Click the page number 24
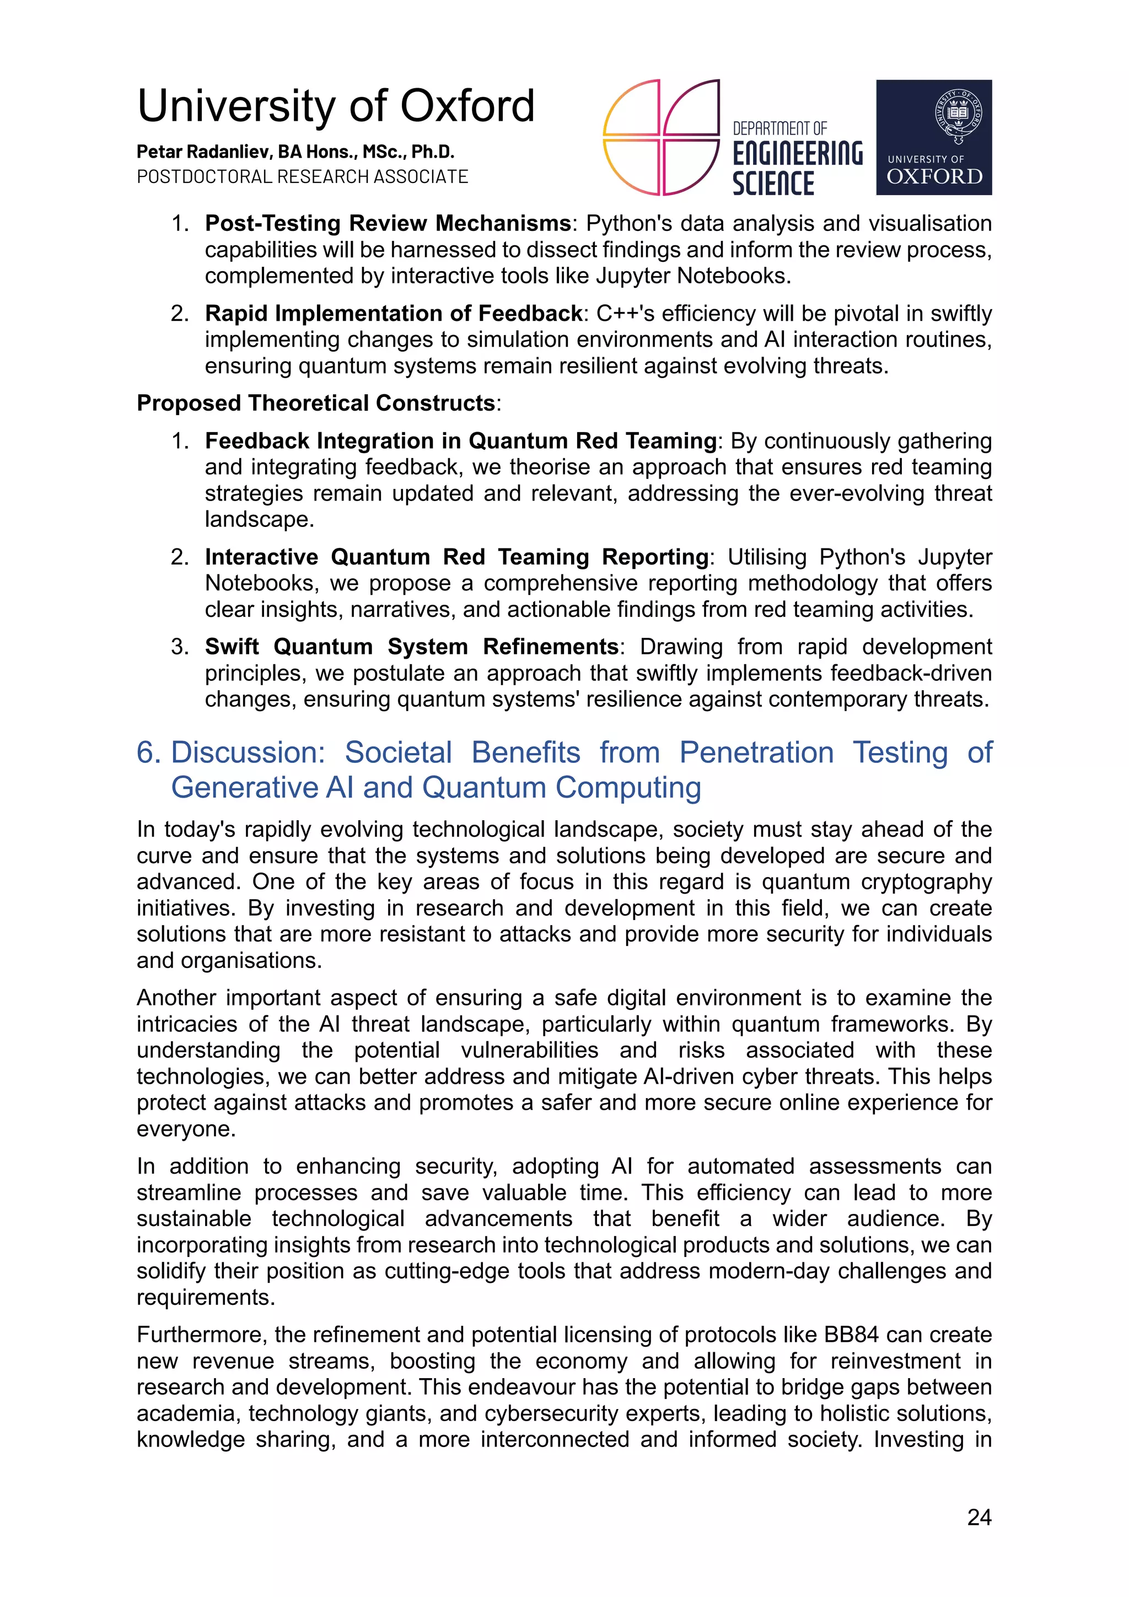pos(979,1517)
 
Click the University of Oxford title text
pos(335,106)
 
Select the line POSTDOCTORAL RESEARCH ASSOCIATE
pos(302,176)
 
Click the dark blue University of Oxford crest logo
pos(933,137)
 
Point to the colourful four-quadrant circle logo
pos(660,137)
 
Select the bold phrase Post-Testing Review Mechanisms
pos(388,223)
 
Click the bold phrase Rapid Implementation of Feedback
pos(393,314)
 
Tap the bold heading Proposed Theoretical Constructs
pos(316,404)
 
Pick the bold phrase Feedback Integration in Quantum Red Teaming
pos(460,441)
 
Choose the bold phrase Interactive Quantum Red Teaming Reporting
pos(456,557)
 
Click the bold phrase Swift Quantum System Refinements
pos(411,647)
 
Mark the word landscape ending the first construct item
pos(257,520)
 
